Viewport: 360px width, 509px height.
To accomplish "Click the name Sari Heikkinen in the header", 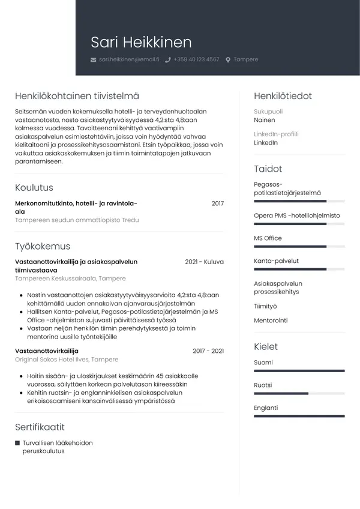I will (141, 42).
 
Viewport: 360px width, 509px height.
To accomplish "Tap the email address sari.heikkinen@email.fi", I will (128, 59).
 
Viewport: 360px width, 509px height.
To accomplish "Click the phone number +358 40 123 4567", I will (196, 59).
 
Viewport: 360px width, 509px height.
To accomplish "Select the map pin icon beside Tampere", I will (228, 60).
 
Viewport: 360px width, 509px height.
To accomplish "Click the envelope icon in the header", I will (93, 60).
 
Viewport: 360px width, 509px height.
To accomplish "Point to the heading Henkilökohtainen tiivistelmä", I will (77, 96).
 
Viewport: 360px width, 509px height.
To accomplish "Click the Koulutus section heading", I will (34, 188).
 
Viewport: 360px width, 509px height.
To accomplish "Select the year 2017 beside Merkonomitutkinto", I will (217, 203).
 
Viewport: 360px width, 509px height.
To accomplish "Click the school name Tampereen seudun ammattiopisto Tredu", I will (77, 220).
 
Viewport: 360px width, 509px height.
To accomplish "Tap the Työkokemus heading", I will (43, 246).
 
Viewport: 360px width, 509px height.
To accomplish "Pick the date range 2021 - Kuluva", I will (204, 262).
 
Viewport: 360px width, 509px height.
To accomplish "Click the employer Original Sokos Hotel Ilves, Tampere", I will (67, 360).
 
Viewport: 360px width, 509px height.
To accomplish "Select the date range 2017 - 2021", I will (208, 351).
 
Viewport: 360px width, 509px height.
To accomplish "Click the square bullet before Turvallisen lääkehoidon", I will (17, 443).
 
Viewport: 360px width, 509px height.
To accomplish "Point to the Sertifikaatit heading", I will (40, 427).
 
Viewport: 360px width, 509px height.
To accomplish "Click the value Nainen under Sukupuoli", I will (265, 120).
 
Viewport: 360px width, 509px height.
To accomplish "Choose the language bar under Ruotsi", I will (299, 394).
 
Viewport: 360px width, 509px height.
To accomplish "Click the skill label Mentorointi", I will (271, 321).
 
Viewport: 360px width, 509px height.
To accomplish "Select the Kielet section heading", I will (266, 347).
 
